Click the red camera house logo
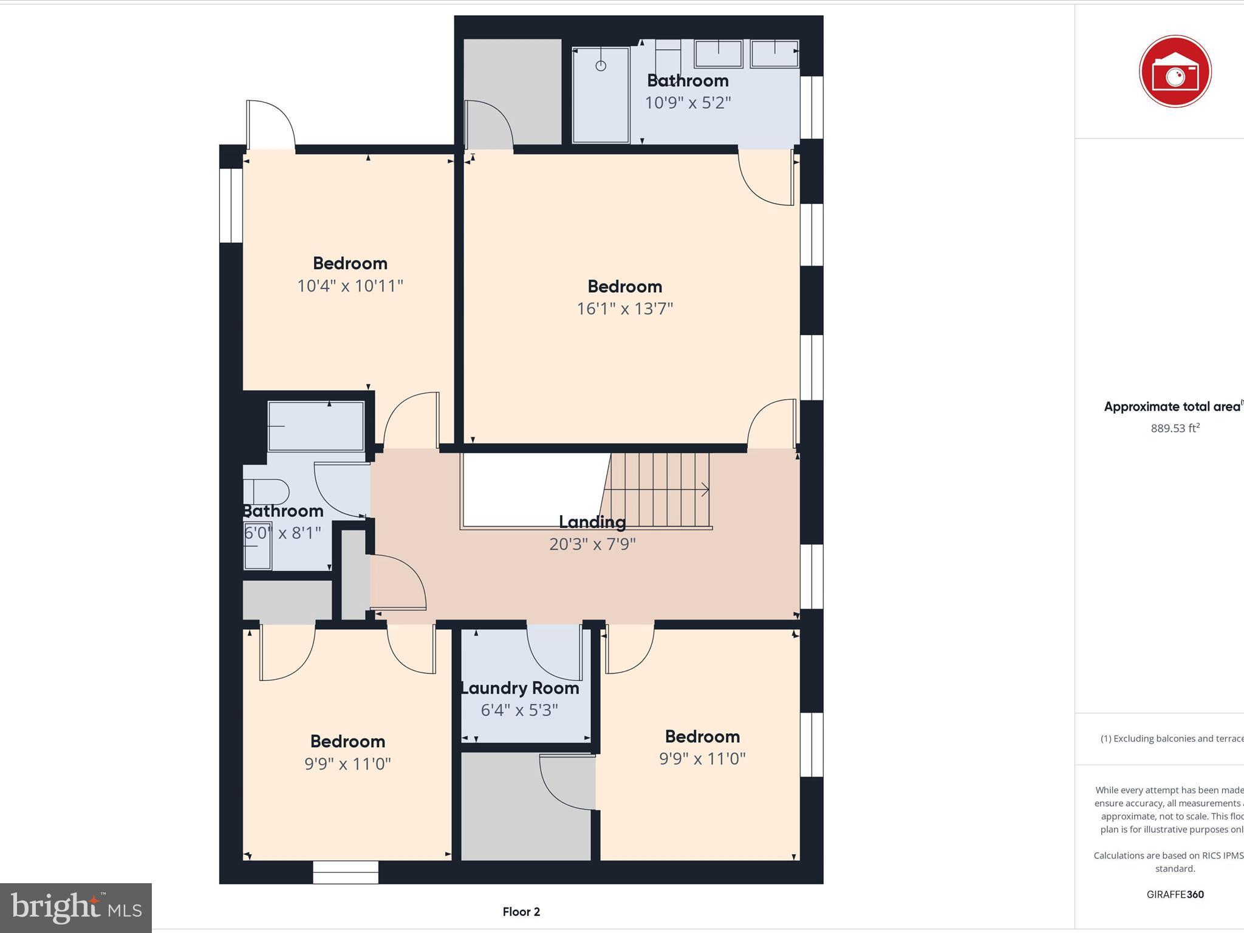click(1175, 72)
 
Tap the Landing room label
click(592, 522)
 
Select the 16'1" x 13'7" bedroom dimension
click(624, 309)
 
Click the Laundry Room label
click(520, 688)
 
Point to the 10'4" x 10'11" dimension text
click(350, 285)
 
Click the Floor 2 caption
click(521, 912)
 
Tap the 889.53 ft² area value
click(1175, 428)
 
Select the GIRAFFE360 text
click(1175, 894)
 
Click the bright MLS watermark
click(76, 907)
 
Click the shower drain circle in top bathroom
click(601, 66)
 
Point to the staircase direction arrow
click(705, 490)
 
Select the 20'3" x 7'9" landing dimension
click(592, 544)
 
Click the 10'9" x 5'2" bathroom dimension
click(688, 103)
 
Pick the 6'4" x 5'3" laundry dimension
click(519, 710)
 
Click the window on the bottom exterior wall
click(346, 873)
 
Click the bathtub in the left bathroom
click(316, 426)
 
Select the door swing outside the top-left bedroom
click(271, 125)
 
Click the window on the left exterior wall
click(231, 205)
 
